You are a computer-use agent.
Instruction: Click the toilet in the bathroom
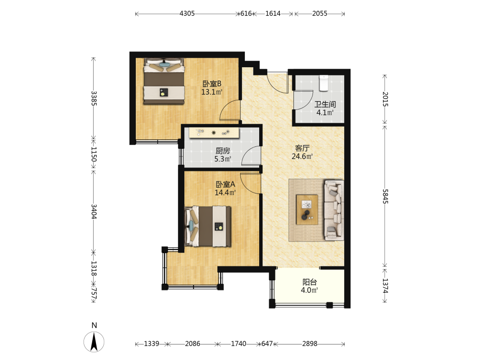324,83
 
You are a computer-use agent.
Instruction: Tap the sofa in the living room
334,210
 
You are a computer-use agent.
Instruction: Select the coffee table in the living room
307,210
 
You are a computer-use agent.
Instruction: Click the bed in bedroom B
164,81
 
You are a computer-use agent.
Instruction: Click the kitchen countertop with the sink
214,133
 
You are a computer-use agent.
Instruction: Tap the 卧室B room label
212,84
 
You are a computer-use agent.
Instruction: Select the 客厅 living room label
302,148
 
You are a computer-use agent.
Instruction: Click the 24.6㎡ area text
302,156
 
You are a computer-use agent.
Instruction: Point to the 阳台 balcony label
310,282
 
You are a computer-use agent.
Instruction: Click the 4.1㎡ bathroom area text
325,113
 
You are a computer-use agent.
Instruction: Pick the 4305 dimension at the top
187,13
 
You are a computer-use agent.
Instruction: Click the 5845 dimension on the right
385,196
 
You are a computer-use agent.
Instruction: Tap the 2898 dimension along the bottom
310,344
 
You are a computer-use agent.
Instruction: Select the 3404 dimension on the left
94,212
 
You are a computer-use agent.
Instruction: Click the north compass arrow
94,342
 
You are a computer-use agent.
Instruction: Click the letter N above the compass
94,325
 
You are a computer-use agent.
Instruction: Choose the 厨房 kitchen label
223,151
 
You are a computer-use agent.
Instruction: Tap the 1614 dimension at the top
273,13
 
